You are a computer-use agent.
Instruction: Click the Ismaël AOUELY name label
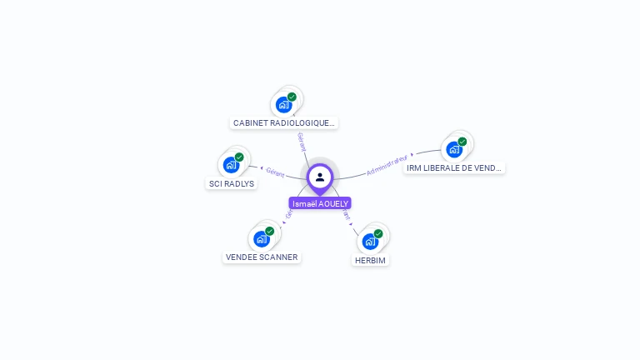[x=320, y=203]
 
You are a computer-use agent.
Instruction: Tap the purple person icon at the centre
[x=320, y=177]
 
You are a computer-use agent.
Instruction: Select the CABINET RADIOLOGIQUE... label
[x=284, y=122]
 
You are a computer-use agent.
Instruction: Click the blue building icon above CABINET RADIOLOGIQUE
[x=283, y=105]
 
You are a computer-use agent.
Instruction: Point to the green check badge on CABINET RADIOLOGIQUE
[x=292, y=97]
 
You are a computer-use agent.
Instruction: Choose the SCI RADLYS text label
[x=232, y=183]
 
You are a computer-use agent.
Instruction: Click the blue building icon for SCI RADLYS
[x=231, y=165]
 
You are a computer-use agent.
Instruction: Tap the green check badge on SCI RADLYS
[x=239, y=157]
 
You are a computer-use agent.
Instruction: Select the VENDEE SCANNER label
[x=262, y=257]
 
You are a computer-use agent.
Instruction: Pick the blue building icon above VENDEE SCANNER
[x=261, y=239]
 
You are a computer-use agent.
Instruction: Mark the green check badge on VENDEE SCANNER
[x=269, y=231]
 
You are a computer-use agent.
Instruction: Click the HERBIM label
[x=371, y=260]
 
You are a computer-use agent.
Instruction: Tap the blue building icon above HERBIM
[x=370, y=242]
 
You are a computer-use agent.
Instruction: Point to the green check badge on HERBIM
[x=378, y=234]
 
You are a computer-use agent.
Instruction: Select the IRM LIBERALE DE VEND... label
[x=454, y=167]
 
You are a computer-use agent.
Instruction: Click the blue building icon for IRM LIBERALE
[x=453, y=150]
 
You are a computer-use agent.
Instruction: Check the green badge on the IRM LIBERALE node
[x=462, y=142]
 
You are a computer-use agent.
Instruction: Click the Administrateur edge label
[x=387, y=164]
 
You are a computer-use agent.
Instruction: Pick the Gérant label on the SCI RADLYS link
[x=275, y=173]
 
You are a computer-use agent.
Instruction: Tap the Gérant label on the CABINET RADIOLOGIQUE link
[x=302, y=142]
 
